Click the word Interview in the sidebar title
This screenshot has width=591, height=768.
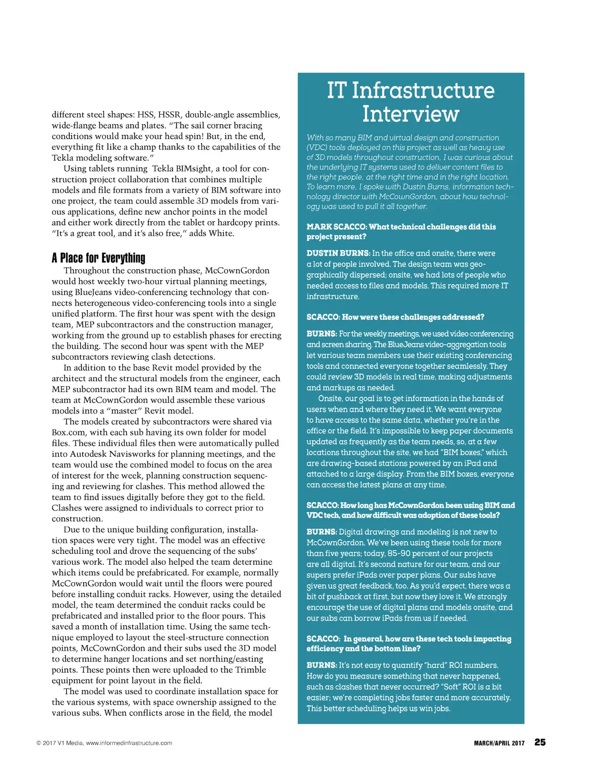(410, 114)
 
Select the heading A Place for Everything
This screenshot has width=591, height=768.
(99, 258)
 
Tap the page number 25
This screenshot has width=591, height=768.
(540, 742)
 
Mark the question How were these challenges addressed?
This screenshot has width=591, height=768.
(413, 317)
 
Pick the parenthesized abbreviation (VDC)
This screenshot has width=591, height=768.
(316, 147)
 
